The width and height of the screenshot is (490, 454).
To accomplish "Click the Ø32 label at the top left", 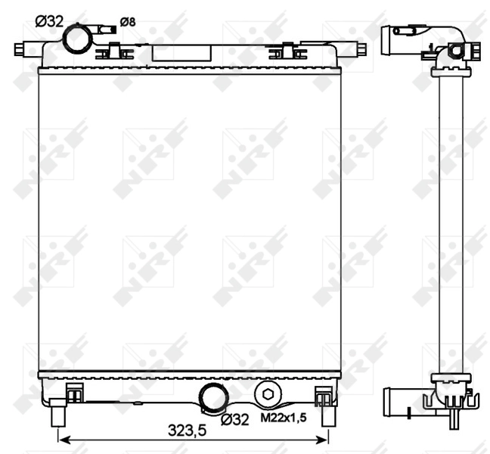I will coord(49,21).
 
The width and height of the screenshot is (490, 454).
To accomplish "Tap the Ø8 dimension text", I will coord(128,22).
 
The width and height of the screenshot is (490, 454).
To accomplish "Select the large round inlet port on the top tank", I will coord(76,39).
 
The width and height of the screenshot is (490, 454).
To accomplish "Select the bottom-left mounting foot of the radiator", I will coord(57,416).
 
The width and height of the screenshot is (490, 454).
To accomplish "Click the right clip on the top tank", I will coord(281,51).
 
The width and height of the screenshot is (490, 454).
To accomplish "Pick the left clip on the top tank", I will coord(111,51).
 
